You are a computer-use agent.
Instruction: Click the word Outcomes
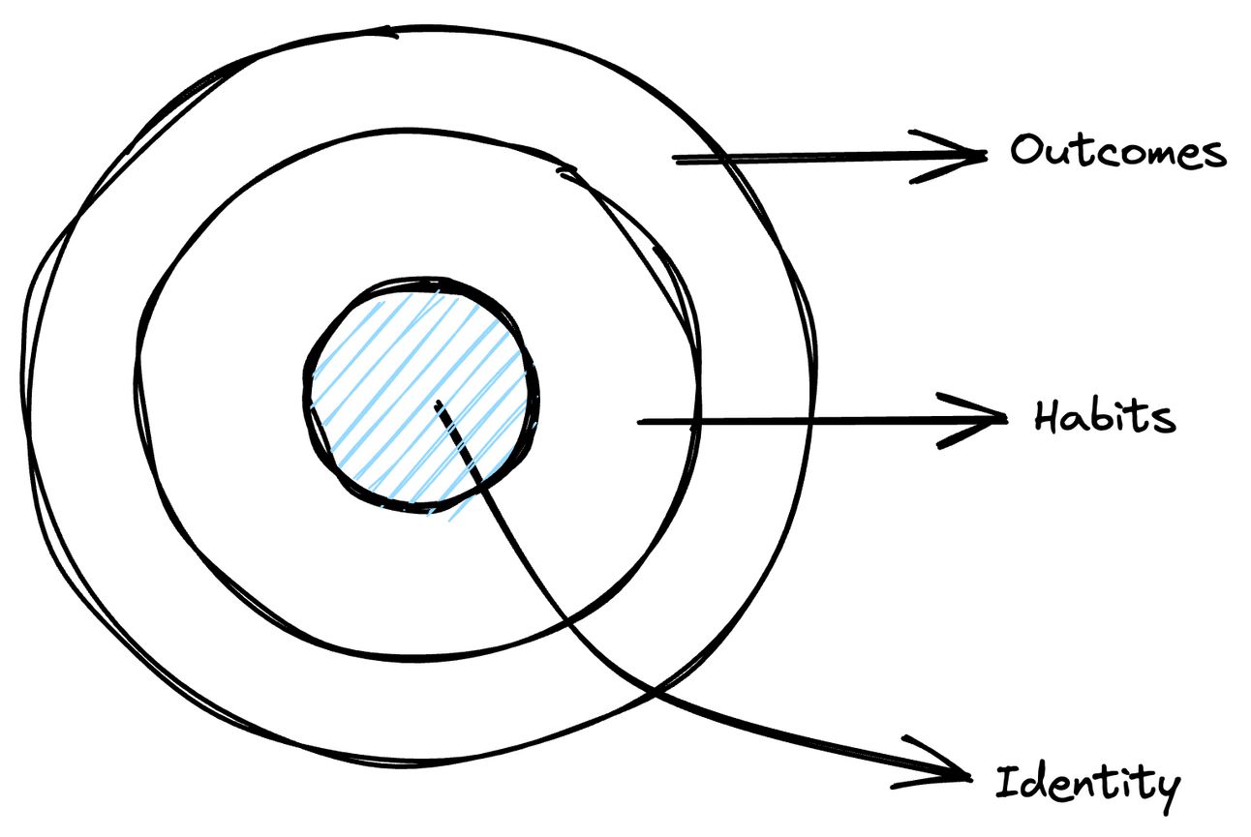(1118, 152)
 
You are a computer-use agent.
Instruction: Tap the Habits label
(1104, 418)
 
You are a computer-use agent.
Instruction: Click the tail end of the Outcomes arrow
(675, 160)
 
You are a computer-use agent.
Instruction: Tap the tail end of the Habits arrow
(639, 422)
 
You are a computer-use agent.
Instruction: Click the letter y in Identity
(1165, 789)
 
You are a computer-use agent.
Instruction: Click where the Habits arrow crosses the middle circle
(695, 421)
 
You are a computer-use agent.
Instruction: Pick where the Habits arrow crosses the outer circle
(809, 420)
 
